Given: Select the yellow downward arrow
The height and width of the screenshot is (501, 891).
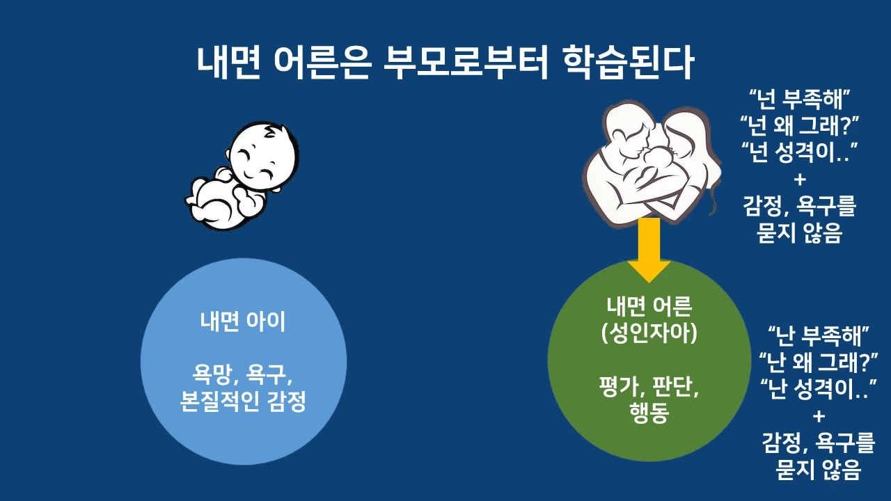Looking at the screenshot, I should [649, 250].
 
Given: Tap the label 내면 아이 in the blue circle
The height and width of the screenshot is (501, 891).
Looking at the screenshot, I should [243, 323].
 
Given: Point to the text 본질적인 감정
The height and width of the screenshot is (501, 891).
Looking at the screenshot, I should [243, 402].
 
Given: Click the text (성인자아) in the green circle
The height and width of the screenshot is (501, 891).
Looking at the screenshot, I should [649, 332].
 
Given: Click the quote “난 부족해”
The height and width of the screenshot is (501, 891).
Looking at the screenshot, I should [818, 336].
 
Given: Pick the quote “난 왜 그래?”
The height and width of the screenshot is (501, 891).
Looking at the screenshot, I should [818, 363].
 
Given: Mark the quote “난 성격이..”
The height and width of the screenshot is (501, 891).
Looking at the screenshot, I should [818, 389].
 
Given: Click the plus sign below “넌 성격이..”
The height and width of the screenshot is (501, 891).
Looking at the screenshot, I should [799, 180].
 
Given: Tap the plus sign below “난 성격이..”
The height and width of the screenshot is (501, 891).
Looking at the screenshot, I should [818, 416].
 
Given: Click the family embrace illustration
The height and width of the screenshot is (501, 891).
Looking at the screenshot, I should [649, 164].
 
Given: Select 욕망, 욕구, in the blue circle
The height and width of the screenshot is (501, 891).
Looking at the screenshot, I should [243, 376].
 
